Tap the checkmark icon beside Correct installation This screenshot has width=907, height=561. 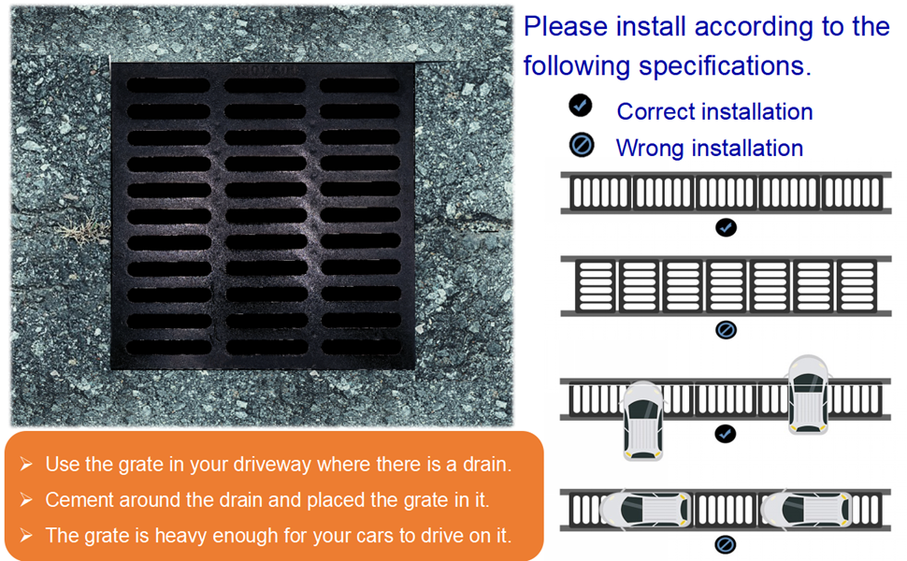click(x=581, y=106)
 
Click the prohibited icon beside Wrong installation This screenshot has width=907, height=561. click(x=581, y=145)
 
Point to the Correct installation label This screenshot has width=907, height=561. click(x=714, y=112)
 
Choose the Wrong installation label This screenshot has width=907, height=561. click(x=709, y=149)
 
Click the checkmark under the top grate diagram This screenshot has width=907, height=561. click(x=726, y=227)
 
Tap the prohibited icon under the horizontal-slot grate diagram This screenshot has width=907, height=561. click(x=726, y=329)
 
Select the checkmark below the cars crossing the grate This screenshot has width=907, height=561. click(x=726, y=434)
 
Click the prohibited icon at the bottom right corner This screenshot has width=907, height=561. click(x=726, y=544)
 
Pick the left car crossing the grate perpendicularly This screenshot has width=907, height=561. click(x=642, y=420)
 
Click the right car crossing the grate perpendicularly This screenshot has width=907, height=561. click(x=808, y=394)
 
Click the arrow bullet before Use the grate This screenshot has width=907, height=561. click(x=26, y=465)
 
